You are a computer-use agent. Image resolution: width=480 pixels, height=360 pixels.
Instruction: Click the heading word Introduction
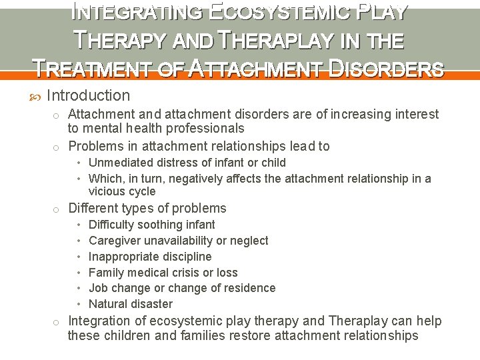89,96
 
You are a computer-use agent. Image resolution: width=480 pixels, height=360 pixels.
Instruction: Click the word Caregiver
113,241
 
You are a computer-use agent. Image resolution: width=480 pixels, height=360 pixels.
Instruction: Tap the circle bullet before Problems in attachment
57,147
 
